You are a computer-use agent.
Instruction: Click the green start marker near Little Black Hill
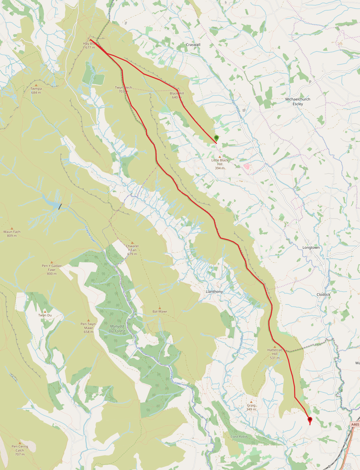click(x=216, y=138)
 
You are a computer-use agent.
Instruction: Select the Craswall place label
click(x=193, y=45)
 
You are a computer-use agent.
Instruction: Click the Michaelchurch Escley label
click(x=298, y=101)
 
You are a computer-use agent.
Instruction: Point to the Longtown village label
click(x=311, y=248)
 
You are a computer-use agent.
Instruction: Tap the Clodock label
click(x=323, y=295)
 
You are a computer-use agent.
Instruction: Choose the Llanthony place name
click(x=214, y=292)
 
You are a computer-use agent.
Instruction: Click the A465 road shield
click(x=355, y=425)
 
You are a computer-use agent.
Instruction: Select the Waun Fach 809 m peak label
click(x=12, y=234)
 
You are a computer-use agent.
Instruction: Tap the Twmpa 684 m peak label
click(x=36, y=90)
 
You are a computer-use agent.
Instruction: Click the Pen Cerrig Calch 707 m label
click(x=20, y=450)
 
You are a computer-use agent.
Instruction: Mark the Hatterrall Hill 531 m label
click(x=275, y=354)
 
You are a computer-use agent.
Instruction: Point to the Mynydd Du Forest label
click(x=117, y=329)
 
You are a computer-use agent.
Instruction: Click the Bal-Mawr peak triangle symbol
click(x=160, y=308)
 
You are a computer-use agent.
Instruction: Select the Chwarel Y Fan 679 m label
click(x=132, y=250)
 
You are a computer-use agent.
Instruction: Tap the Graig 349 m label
click(x=251, y=407)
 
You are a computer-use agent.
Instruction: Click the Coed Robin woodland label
click(x=239, y=436)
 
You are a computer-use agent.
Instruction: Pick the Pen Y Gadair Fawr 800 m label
click(x=52, y=269)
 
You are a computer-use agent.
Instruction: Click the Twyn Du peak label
click(x=45, y=315)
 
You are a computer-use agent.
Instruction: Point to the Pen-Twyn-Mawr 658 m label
click(x=89, y=328)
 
